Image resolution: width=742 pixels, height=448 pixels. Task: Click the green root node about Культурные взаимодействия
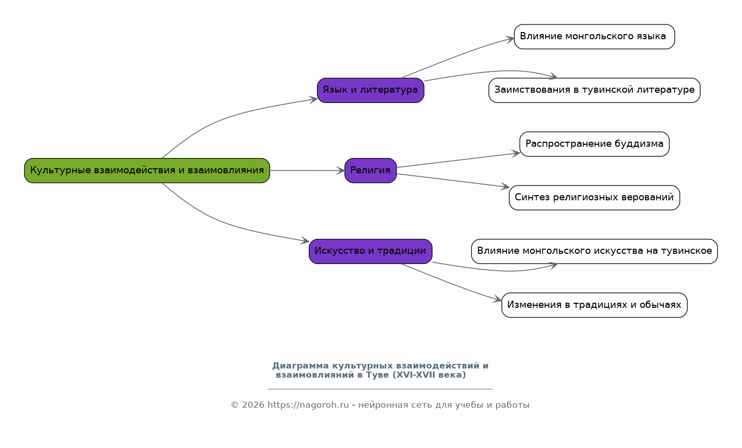click(x=147, y=170)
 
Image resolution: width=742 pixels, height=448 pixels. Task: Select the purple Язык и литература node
click(x=370, y=90)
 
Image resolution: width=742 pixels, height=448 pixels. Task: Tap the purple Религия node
click(x=370, y=170)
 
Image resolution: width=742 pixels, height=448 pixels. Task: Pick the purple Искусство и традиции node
click(x=370, y=251)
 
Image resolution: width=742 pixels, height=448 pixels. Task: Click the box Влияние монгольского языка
click(x=594, y=37)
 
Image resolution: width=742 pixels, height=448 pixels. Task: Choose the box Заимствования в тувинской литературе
click(x=594, y=90)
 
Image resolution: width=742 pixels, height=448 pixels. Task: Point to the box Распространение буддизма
click(x=594, y=144)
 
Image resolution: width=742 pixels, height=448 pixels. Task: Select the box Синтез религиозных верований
click(x=594, y=197)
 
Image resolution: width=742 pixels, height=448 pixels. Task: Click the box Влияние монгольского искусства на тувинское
click(x=594, y=251)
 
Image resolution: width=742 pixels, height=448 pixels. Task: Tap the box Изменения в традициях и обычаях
click(x=594, y=305)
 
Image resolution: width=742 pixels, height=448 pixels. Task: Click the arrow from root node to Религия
click(x=307, y=170)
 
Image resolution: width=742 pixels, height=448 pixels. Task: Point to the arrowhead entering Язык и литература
click(x=313, y=100)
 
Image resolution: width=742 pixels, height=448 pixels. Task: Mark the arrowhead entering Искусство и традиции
click(x=305, y=241)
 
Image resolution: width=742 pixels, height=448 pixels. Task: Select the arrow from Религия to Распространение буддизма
click(x=459, y=160)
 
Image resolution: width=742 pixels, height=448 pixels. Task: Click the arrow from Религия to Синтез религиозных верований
click(x=453, y=180)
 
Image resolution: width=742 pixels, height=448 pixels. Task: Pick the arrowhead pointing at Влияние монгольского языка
click(x=510, y=39)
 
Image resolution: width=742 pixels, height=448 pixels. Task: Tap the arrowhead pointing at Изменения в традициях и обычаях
click(x=497, y=299)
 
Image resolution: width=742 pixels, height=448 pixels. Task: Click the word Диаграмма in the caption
click(x=301, y=366)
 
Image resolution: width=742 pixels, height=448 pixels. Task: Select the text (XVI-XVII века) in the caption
click(x=429, y=375)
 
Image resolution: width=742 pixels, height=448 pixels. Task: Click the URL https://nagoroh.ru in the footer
click(x=308, y=405)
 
